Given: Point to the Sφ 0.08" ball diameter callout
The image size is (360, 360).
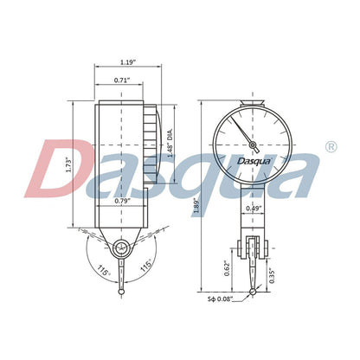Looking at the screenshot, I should click(223, 299).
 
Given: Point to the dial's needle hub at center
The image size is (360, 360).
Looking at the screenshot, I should click(254, 142).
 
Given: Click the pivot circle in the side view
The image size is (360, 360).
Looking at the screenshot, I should click(122, 248).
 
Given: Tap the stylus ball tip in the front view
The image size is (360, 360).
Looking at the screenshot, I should click(253, 292).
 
